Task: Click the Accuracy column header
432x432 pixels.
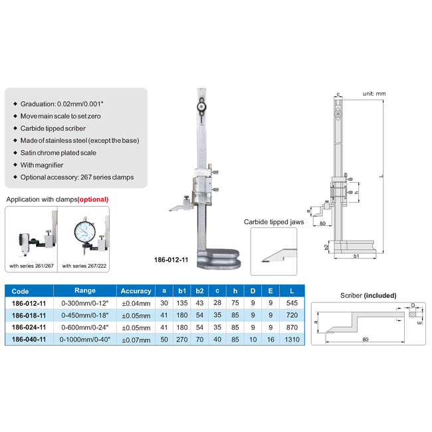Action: (136, 291)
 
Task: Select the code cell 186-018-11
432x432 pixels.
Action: (29, 316)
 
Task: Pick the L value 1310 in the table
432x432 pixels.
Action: (292, 340)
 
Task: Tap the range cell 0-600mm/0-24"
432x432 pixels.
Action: (85, 328)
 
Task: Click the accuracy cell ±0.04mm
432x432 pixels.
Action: (136, 303)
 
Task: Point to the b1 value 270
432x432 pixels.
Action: (182, 340)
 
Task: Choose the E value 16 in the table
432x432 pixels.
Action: (270, 340)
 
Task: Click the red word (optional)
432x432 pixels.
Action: (93, 199)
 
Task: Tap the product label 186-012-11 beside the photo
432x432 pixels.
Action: (171, 260)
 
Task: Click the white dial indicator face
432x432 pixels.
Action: (84, 232)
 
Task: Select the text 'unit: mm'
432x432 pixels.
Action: (374, 94)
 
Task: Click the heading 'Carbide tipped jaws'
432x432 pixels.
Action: (274, 222)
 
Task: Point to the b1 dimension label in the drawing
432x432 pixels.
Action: (356, 256)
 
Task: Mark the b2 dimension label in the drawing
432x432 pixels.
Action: (326, 247)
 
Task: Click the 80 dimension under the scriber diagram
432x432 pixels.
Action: (366, 340)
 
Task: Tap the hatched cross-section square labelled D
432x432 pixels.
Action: (413, 314)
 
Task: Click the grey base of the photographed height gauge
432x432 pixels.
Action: (219, 259)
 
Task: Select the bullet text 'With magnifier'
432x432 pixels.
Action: (42, 165)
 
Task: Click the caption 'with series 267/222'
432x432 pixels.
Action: (84, 266)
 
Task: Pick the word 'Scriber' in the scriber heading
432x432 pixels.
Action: (351, 295)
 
